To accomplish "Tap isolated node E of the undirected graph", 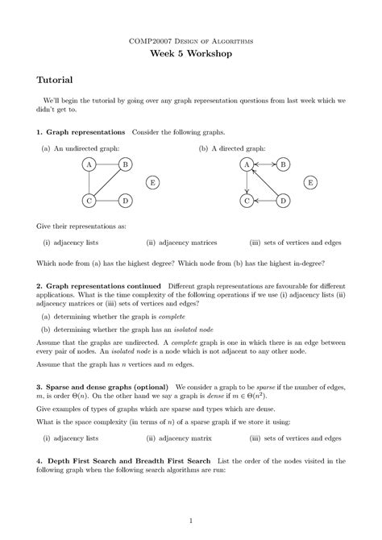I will (152, 182).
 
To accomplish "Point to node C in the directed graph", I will (247, 200).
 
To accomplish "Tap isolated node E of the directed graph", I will (310, 182).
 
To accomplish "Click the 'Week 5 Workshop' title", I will (191, 53).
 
